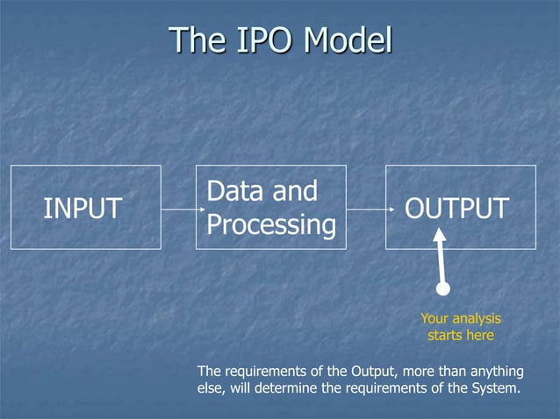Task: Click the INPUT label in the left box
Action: (x=83, y=209)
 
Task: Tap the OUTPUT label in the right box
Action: (x=456, y=209)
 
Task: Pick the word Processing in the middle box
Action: (x=271, y=225)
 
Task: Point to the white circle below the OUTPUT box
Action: (x=443, y=288)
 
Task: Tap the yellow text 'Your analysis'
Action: (x=460, y=319)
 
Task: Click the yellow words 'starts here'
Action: (x=460, y=336)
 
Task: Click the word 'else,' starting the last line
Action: (x=213, y=388)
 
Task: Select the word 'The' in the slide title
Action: (x=196, y=40)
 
